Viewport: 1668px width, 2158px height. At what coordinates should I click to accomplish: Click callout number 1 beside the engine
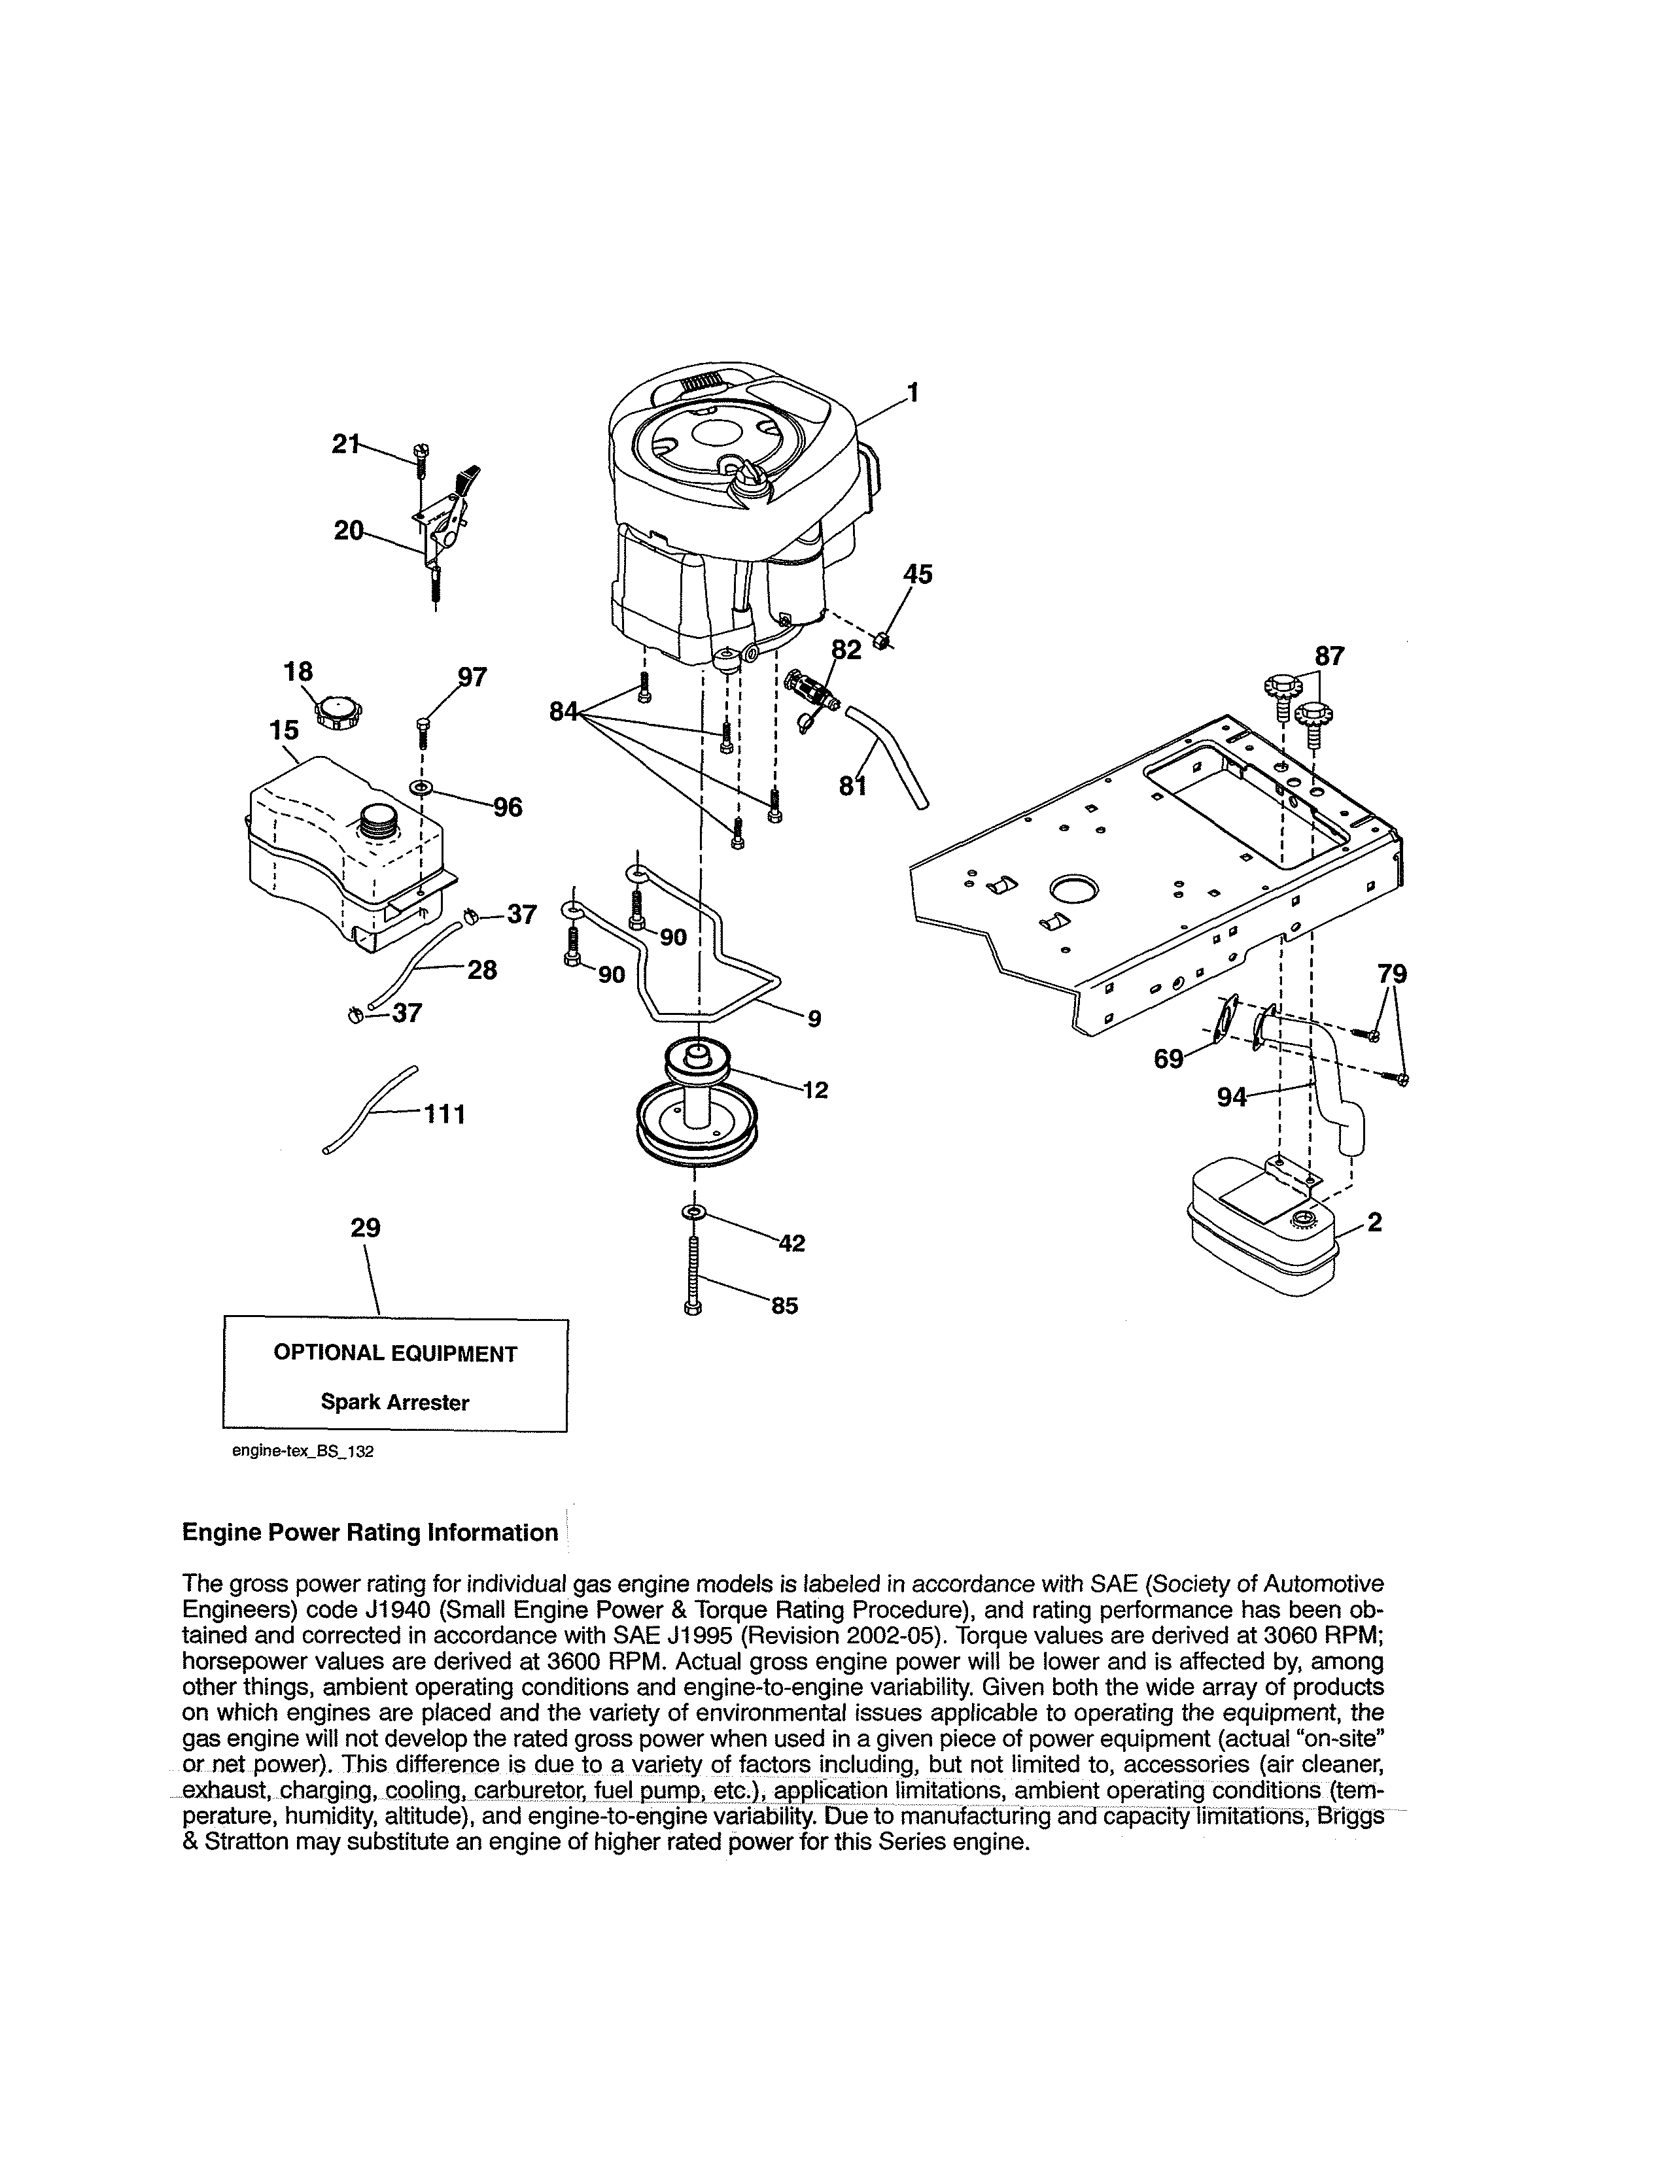[x=913, y=392]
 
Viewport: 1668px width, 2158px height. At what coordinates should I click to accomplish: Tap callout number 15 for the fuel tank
[x=284, y=730]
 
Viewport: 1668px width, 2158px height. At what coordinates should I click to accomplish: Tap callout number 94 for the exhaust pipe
[x=1231, y=1096]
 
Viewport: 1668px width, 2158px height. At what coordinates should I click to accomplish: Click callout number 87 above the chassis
[x=1329, y=656]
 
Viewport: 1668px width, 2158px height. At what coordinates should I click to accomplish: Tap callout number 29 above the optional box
[x=366, y=1227]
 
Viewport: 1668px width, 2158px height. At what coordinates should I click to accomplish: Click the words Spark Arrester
[x=394, y=1402]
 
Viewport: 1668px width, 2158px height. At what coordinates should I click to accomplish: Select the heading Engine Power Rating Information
[x=370, y=1533]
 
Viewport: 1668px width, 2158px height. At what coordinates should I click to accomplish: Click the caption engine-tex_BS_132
[x=302, y=1452]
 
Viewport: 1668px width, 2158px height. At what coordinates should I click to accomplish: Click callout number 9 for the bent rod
[x=813, y=1018]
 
